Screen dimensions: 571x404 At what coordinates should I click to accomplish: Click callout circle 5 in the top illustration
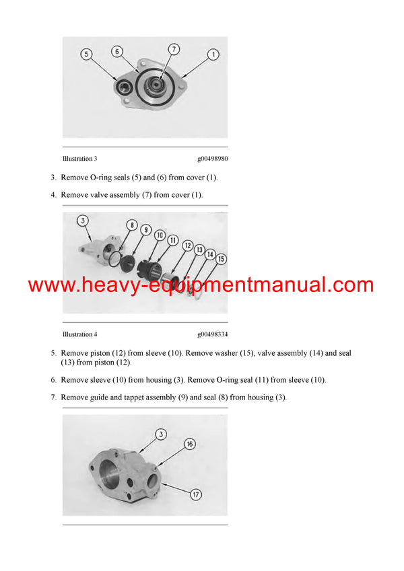click(x=86, y=53)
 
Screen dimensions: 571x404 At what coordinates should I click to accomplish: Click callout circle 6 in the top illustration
click(x=117, y=51)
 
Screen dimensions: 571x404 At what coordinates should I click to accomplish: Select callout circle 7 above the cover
click(x=174, y=49)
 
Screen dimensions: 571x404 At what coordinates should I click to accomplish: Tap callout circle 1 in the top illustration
click(x=213, y=54)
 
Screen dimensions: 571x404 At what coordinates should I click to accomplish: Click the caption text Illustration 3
click(x=79, y=159)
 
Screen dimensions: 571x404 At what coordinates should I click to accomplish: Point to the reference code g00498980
click(x=212, y=159)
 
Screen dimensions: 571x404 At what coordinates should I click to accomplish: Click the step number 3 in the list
click(x=54, y=178)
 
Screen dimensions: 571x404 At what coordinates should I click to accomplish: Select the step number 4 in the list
click(x=54, y=194)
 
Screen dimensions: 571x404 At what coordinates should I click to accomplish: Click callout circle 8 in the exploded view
click(x=131, y=225)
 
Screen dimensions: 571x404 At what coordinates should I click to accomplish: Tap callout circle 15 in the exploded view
click(x=221, y=259)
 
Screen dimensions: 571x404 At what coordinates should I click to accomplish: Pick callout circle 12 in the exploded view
click(x=187, y=245)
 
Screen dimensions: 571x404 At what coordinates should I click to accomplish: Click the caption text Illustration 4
click(x=79, y=334)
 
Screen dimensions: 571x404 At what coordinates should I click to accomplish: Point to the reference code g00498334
click(x=212, y=334)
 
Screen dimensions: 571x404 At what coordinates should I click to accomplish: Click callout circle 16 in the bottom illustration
click(x=191, y=444)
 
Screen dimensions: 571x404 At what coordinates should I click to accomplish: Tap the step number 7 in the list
click(x=54, y=397)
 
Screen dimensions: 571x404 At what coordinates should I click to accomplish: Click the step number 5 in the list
click(x=54, y=352)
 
